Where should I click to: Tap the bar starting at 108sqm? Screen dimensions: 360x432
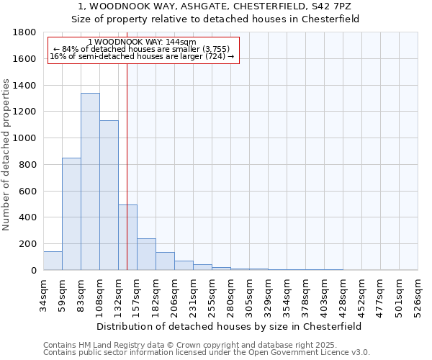pos(109,195)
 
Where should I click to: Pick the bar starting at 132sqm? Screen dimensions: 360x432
pos(127,238)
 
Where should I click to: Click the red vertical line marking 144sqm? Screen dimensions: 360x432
pos(127,144)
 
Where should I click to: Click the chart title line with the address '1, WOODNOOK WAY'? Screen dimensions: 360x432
pos(215,6)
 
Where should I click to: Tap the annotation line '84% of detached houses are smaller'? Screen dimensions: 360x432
pos(141,49)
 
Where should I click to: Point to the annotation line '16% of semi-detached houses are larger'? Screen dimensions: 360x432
pos(142,56)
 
